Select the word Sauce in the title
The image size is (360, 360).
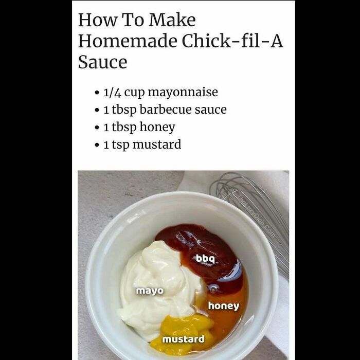(102, 62)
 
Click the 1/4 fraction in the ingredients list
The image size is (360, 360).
(112, 92)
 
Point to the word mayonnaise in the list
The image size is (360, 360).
(183, 92)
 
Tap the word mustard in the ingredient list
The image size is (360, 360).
(157, 145)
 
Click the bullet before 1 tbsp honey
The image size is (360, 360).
(97, 128)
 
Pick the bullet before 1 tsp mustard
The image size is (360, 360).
(97, 145)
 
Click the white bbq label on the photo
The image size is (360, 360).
(206, 258)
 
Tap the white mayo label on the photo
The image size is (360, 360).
(150, 291)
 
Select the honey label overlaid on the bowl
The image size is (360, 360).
(223, 306)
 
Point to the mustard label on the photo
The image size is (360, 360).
(183, 339)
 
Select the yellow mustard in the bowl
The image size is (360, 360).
(188, 327)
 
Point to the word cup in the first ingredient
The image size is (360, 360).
(134, 93)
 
